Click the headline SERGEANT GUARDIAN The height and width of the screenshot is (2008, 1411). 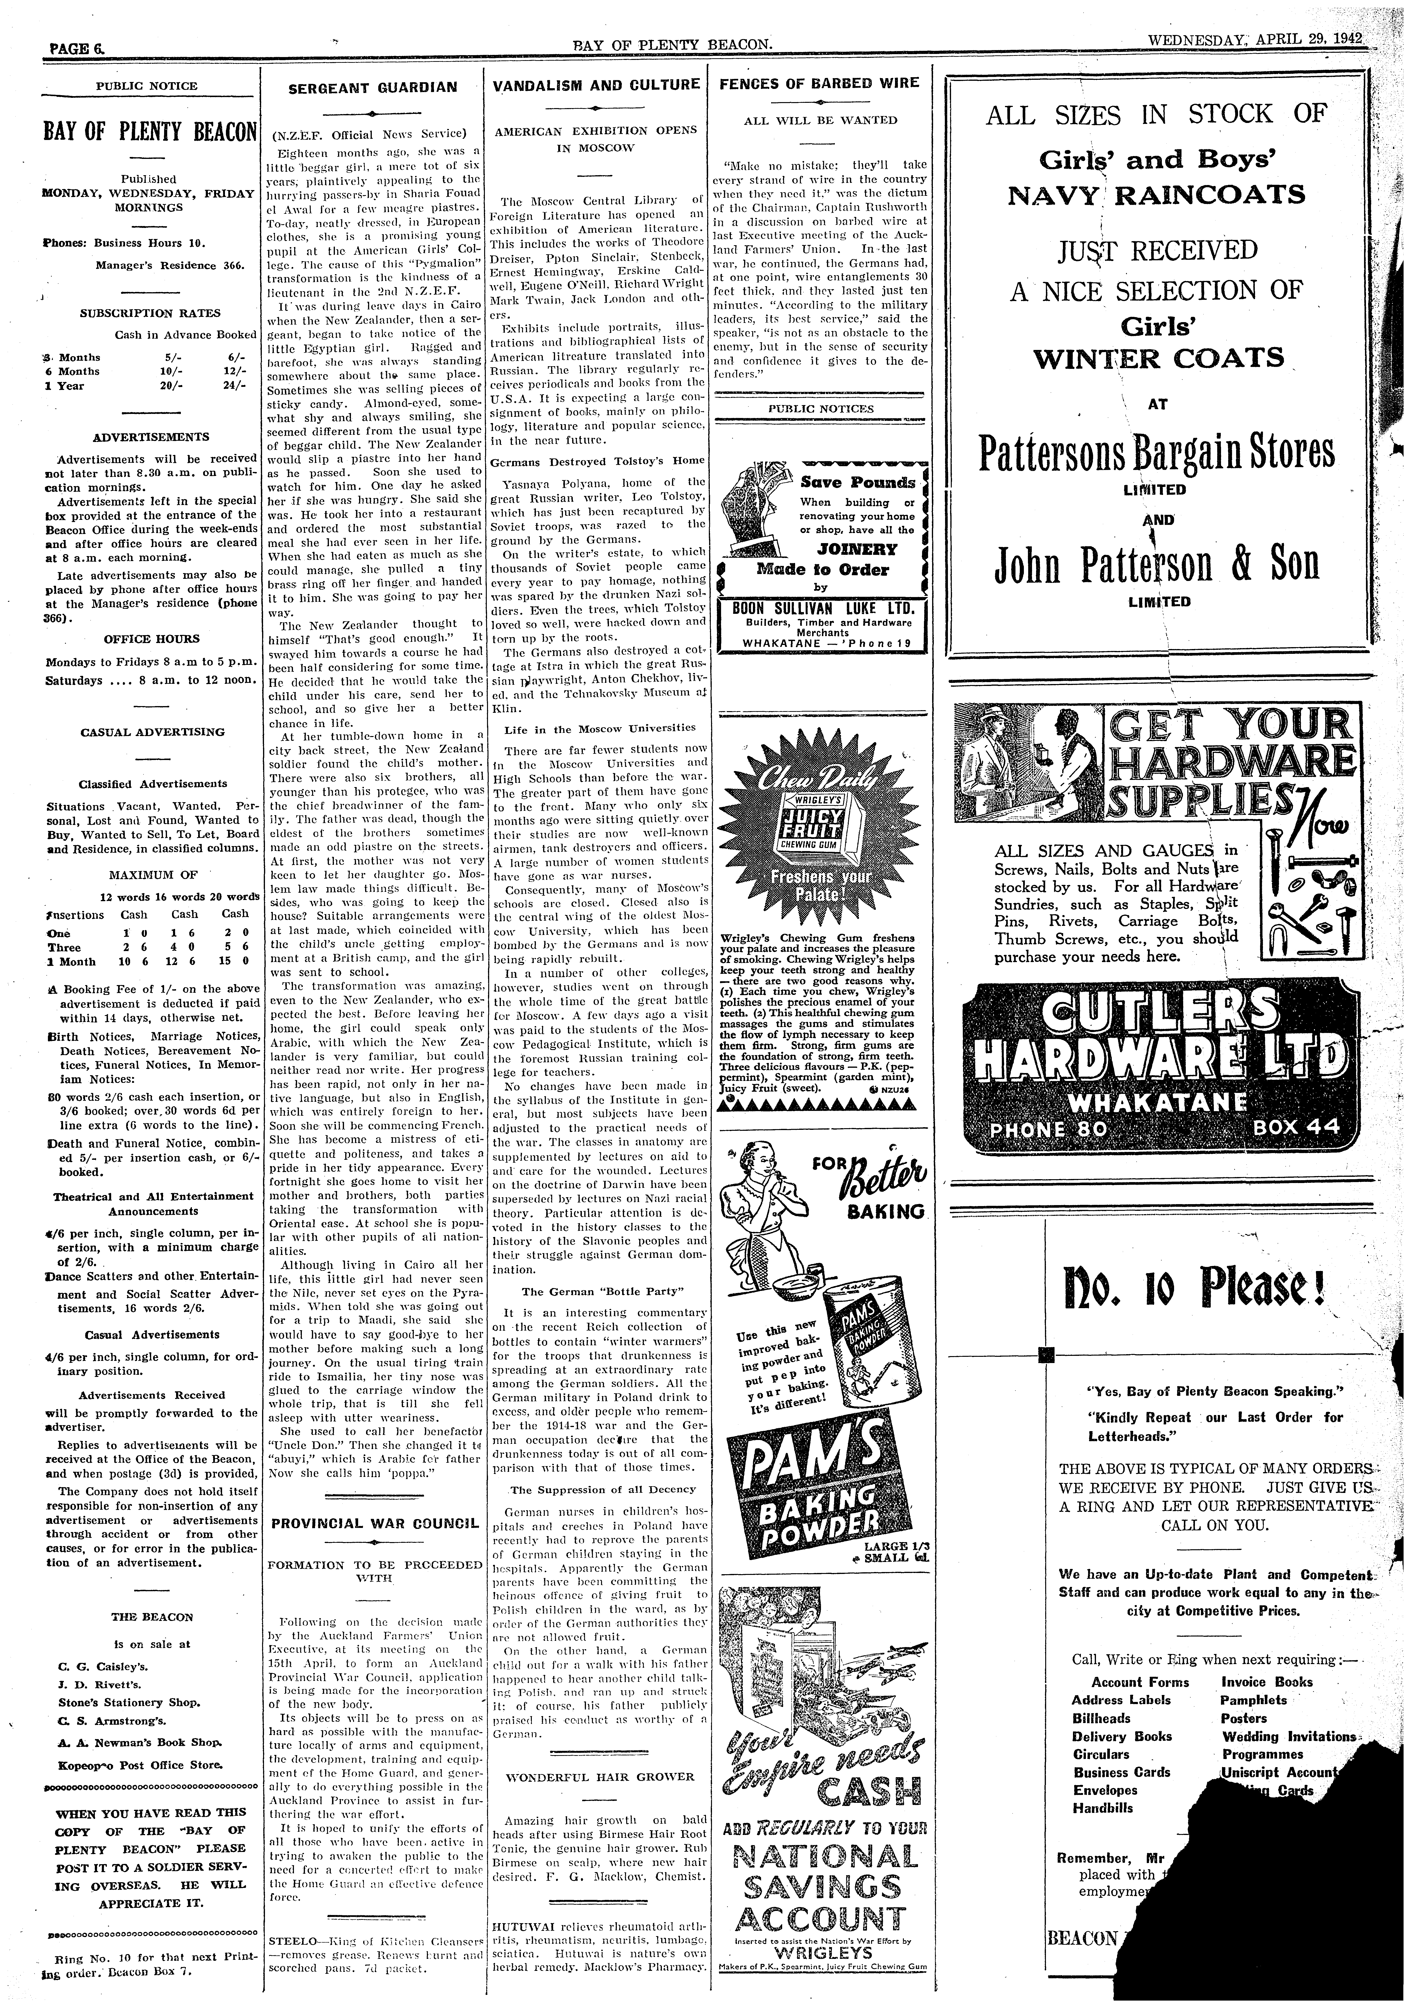point(373,87)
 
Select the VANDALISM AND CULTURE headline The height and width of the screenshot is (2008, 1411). point(596,85)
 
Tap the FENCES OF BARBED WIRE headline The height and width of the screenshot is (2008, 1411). point(819,83)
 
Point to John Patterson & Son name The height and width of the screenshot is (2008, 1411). point(1157,564)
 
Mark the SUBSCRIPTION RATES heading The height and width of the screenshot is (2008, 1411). point(150,313)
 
